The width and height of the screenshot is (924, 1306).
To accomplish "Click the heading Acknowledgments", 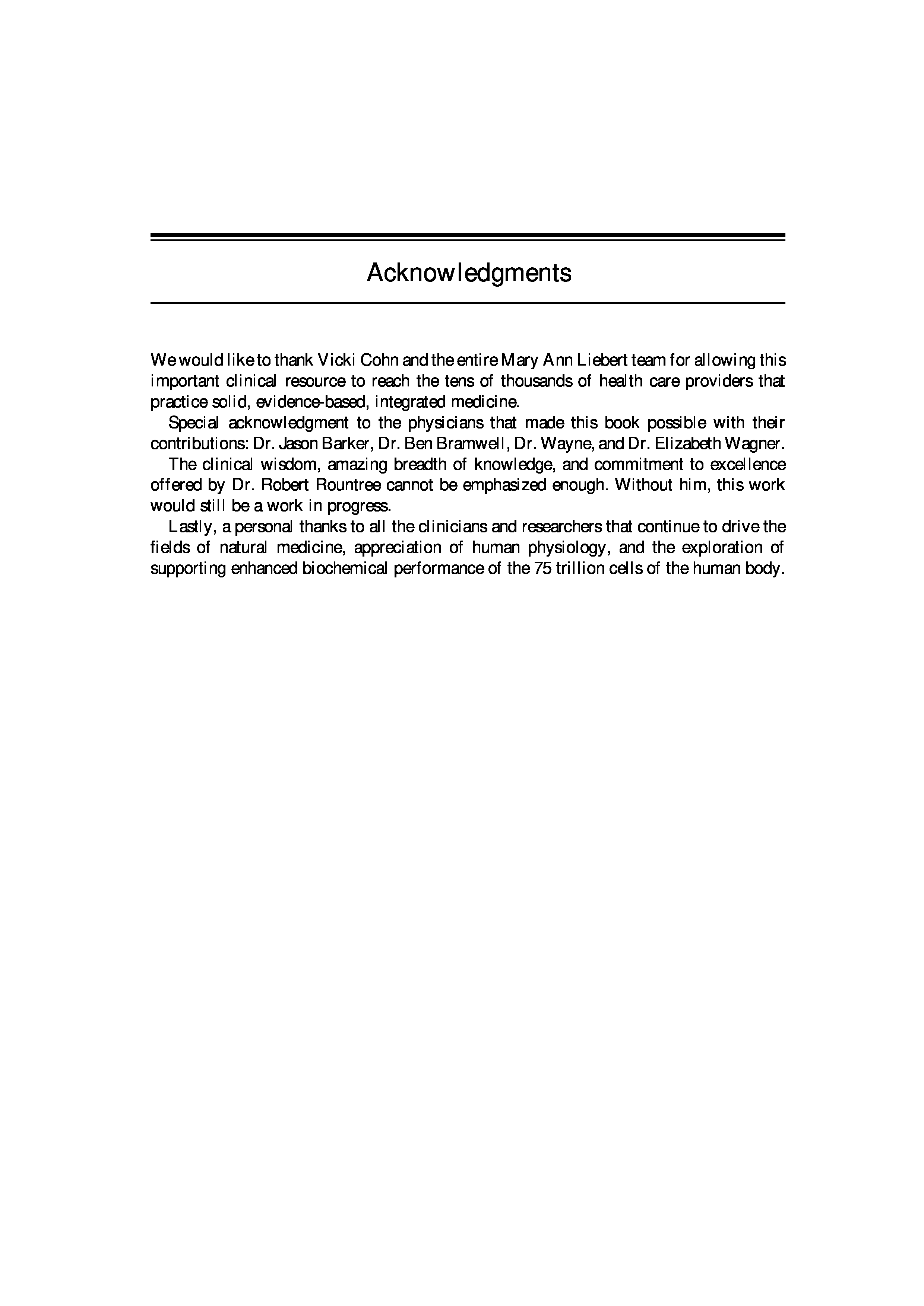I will click(469, 273).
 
